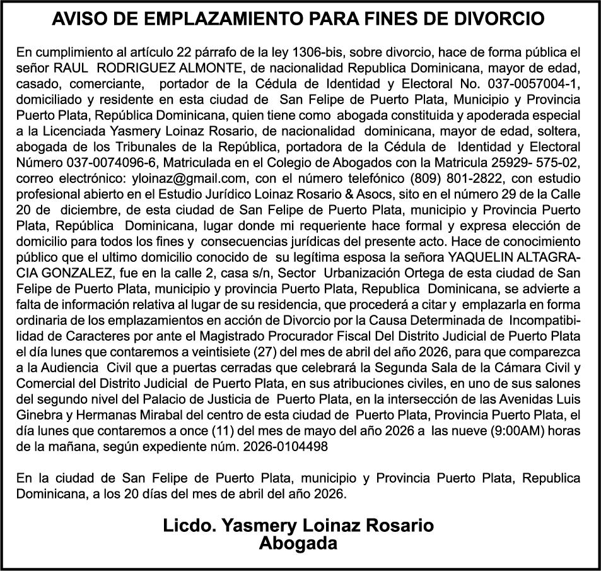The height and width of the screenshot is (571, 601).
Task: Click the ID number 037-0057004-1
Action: pos(530,84)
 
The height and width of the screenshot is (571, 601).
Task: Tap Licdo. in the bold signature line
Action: pos(187,526)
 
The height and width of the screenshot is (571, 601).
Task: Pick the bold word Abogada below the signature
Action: pos(298,543)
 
